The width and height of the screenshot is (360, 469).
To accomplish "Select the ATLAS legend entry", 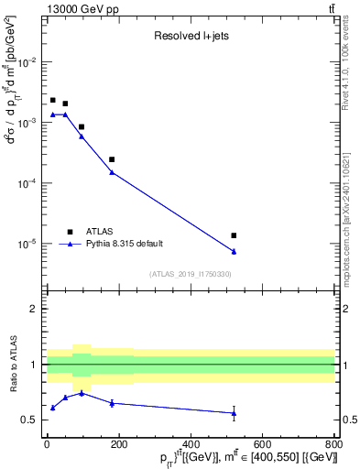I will (101, 232).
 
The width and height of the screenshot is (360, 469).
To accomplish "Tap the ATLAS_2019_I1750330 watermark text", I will (191, 274).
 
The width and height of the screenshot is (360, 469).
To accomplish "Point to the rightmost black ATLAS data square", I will (234, 235).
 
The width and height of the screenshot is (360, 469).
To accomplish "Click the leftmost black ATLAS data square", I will (53, 100).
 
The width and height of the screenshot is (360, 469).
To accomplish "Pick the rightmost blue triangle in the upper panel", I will (234, 251).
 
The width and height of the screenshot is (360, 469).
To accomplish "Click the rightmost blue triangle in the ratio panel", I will (234, 413).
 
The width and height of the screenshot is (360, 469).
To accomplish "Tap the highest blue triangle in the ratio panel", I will (82, 393).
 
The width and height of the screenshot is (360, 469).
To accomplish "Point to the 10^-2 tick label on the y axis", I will (28, 62).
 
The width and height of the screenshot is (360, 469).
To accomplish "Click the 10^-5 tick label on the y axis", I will (28, 244).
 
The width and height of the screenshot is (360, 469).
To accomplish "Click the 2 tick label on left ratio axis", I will (36, 309).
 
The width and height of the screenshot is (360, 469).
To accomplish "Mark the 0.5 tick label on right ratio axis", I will (347, 420).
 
